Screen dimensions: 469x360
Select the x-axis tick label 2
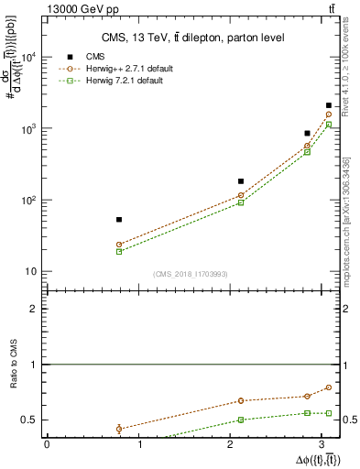coord(235,445)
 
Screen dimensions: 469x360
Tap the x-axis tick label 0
coord(47,445)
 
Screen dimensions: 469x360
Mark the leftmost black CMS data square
coord(119,220)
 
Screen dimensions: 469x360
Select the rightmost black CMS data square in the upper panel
coord(329,105)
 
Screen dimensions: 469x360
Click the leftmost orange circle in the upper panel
coord(119,245)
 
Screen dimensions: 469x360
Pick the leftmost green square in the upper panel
coord(119,251)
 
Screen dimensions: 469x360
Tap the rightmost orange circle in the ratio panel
coord(329,387)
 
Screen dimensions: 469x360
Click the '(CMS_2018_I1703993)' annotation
coord(191,274)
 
